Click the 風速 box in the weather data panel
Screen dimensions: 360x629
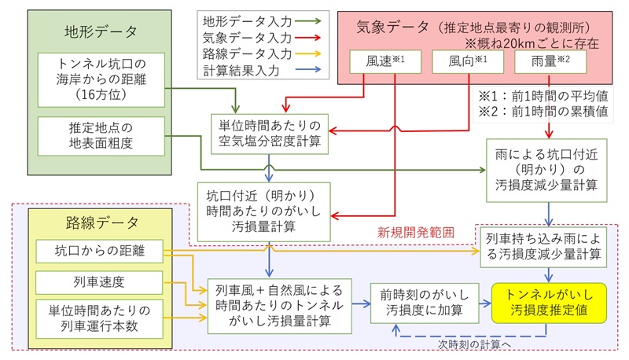pos(385,61)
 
